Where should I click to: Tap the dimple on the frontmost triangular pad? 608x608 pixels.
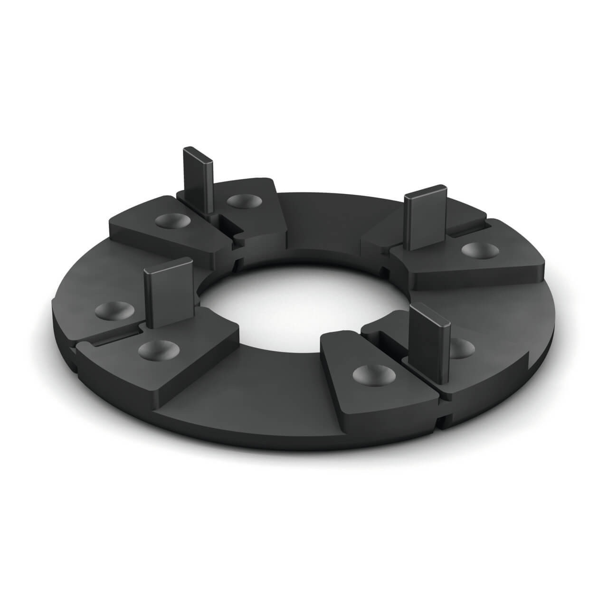pos(373,374)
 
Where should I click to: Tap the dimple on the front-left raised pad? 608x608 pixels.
pos(155,351)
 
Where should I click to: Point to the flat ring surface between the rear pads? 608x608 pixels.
pos(332,214)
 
